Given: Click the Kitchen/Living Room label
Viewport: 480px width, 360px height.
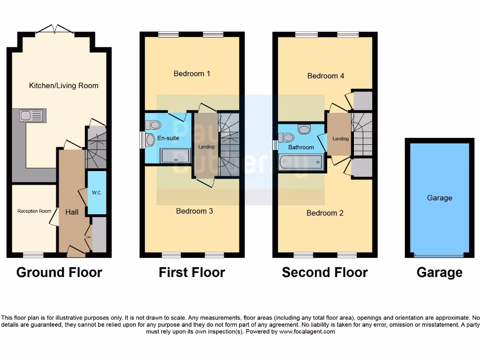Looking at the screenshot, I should (x=64, y=85).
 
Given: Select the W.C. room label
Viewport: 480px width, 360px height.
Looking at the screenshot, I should (x=97, y=193).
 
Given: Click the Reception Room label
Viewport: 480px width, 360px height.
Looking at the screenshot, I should (x=34, y=211).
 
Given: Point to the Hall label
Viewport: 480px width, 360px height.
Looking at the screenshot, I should (x=72, y=212).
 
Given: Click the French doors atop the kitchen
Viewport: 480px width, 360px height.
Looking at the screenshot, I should (x=55, y=30).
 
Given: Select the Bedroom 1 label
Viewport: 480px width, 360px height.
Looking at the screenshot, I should (x=192, y=74).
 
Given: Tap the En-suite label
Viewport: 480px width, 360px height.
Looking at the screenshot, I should (x=168, y=138).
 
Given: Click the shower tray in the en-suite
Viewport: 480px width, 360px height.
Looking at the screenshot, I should (x=175, y=156).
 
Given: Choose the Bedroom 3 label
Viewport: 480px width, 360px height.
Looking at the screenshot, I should (x=195, y=211).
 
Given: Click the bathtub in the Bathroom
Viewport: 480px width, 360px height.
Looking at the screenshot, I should (x=300, y=162).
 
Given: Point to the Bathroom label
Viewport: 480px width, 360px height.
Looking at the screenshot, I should (x=301, y=147).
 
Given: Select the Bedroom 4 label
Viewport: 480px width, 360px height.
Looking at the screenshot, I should (x=326, y=75).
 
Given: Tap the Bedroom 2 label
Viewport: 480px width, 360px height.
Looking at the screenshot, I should (x=325, y=213).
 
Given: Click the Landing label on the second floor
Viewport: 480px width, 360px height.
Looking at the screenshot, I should (x=341, y=139).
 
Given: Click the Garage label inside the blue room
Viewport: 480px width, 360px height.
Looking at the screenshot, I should (x=439, y=198).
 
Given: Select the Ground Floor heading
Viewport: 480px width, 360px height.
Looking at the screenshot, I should (x=59, y=272).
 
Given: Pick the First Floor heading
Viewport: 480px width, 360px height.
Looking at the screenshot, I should (x=192, y=272).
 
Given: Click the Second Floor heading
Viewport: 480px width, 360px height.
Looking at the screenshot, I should (x=325, y=272).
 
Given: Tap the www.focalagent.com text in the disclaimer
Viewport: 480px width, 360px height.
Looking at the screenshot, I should (x=307, y=331).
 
